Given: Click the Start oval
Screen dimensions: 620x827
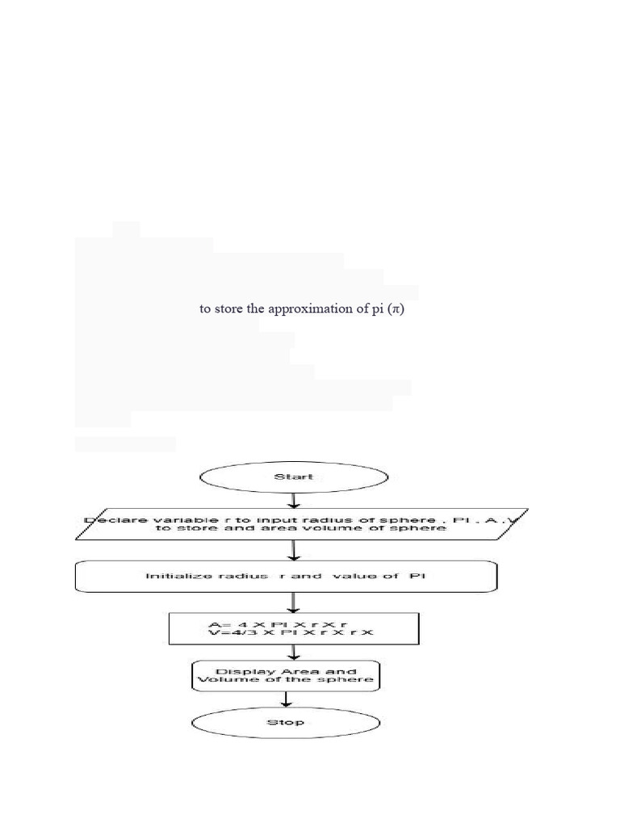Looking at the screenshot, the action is pos(293,477).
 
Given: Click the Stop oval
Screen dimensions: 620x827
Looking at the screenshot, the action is pos(285,722).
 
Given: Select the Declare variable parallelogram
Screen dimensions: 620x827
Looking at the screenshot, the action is pos(301,524).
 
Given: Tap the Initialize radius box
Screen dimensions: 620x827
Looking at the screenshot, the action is pos(286,577).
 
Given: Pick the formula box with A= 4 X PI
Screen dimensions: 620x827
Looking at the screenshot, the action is pos(294,628).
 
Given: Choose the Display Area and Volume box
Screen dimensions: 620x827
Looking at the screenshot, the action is pos(286,675).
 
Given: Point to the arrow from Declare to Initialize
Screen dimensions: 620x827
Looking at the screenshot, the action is pos(294,551).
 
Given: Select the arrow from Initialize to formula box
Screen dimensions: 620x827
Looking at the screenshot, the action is pos(294,602).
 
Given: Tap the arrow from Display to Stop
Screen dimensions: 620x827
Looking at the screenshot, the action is pos(285,699).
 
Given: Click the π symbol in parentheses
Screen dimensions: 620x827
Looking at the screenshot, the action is pos(395,309).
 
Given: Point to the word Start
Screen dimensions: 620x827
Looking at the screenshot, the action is pos(293,477).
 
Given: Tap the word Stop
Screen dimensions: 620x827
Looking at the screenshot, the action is pos(285,722).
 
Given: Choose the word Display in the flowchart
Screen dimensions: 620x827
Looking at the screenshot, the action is pos(236,671).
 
